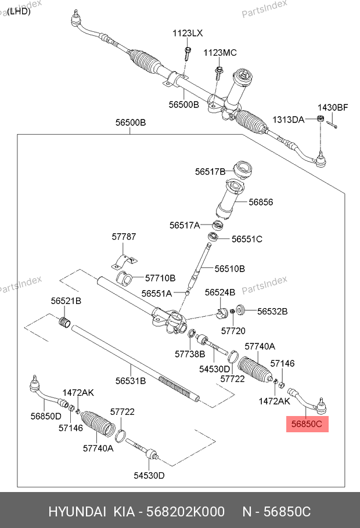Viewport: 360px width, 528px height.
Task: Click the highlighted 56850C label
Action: point(307,424)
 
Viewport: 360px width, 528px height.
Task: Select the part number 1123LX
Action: point(187,34)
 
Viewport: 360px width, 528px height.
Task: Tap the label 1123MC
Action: point(219,53)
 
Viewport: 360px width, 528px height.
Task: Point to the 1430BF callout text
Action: point(332,107)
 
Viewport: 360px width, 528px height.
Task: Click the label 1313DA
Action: point(289,120)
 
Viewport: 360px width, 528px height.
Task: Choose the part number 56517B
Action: point(210,171)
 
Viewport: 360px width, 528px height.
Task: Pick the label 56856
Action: point(261,202)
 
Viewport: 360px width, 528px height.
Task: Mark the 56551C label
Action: point(247,238)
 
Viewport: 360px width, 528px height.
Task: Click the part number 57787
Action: point(124,237)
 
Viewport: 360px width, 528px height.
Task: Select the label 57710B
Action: point(160,279)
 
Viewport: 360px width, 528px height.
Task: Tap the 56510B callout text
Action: point(229,269)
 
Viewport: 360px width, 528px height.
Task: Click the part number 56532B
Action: point(272,311)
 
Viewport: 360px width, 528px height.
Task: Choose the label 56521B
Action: point(66,301)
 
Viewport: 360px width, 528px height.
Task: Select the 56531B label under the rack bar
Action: point(130,381)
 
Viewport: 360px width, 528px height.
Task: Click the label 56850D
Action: point(46,415)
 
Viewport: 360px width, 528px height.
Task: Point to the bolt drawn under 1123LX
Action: point(188,53)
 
